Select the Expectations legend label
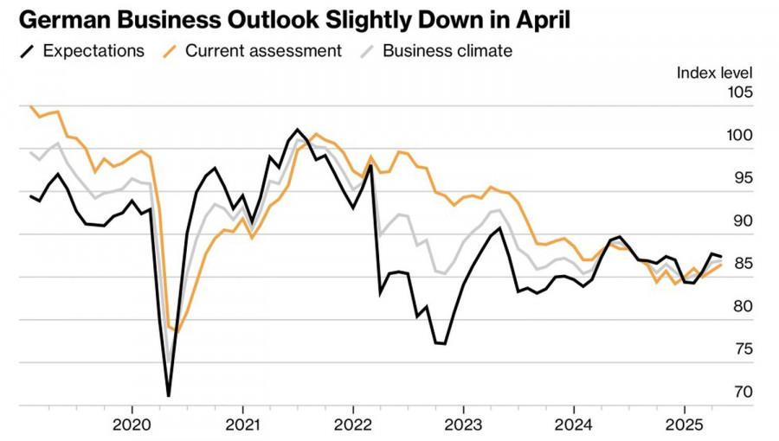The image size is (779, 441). pos(93,51)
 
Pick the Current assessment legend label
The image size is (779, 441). pos(263,51)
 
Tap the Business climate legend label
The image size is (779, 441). pos(447,51)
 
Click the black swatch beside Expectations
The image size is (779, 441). pos(28,51)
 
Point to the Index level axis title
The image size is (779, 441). pos(714,73)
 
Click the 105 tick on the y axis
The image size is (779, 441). pos(739,93)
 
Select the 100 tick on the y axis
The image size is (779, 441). pos(739,136)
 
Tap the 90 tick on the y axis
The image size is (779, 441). pos(741,221)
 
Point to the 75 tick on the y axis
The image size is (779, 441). pos(741,349)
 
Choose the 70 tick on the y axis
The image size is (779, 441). pos(741,392)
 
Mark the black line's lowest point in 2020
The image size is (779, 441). pos(168,396)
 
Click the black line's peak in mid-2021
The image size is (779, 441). pos(298,130)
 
